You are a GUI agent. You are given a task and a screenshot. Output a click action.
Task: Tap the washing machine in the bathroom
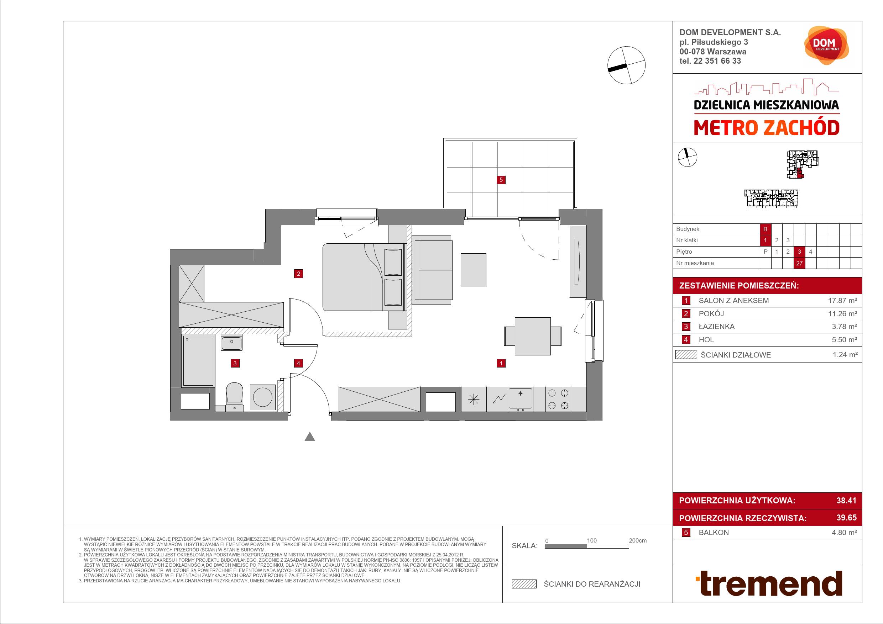tap(263, 398)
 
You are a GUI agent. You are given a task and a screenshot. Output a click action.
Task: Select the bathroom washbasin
tap(231, 342)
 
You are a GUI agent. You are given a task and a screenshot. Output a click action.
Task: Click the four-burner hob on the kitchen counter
tap(558, 399)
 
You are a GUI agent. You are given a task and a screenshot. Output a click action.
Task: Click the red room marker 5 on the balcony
tap(501, 179)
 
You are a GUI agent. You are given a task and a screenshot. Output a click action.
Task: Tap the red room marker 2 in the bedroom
tap(298, 274)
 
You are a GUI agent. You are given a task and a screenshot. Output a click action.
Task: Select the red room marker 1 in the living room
tap(501, 363)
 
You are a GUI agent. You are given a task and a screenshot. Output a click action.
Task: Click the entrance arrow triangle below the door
tap(310, 437)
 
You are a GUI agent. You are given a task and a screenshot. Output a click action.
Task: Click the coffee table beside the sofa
tap(474, 270)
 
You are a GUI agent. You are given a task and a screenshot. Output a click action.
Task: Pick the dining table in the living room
tap(533, 336)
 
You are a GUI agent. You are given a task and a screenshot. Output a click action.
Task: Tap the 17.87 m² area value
tap(842, 301)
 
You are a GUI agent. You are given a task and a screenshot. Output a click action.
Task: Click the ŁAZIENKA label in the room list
tap(716, 327)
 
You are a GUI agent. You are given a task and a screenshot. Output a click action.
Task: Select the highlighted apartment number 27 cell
tap(799, 263)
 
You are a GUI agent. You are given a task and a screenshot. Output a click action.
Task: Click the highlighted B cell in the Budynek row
tap(765, 229)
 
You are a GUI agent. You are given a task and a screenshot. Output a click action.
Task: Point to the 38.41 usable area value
tap(846, 501)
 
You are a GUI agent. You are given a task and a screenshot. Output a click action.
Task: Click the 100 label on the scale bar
tap(591, 541)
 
